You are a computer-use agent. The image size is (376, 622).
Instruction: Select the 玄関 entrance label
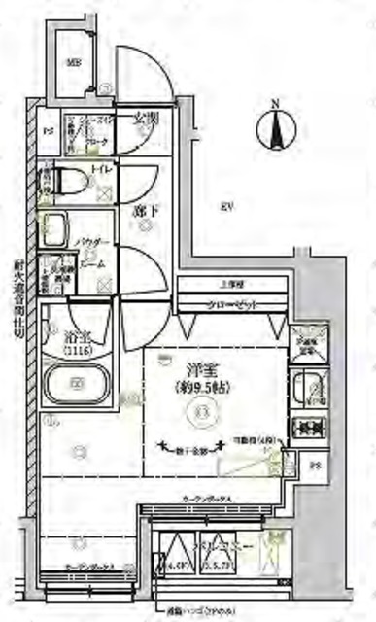point(147,118)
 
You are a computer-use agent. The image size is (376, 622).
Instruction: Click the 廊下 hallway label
point(144,209)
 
